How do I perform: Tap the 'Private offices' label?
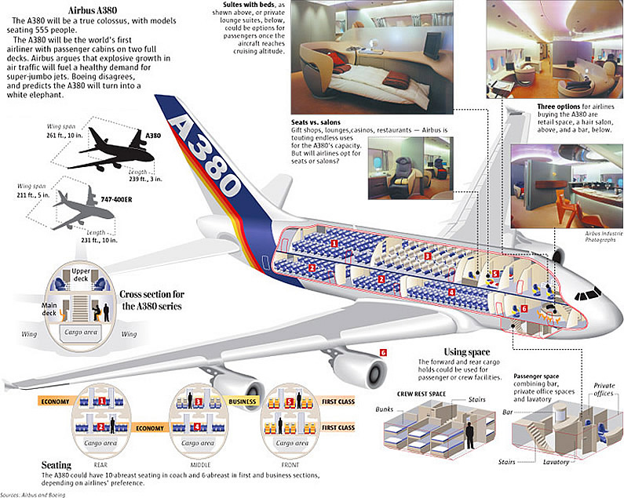[603, 390]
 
